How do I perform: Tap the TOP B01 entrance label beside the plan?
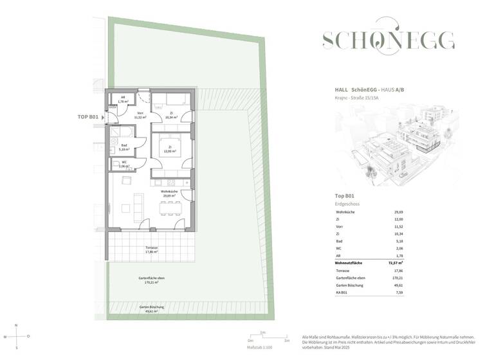pos(87,117)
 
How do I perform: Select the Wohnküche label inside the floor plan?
pos(169,193)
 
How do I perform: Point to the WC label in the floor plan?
pos(124,164)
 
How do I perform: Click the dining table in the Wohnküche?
pos(170,208)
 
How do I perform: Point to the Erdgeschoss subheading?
pos(348,204)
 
